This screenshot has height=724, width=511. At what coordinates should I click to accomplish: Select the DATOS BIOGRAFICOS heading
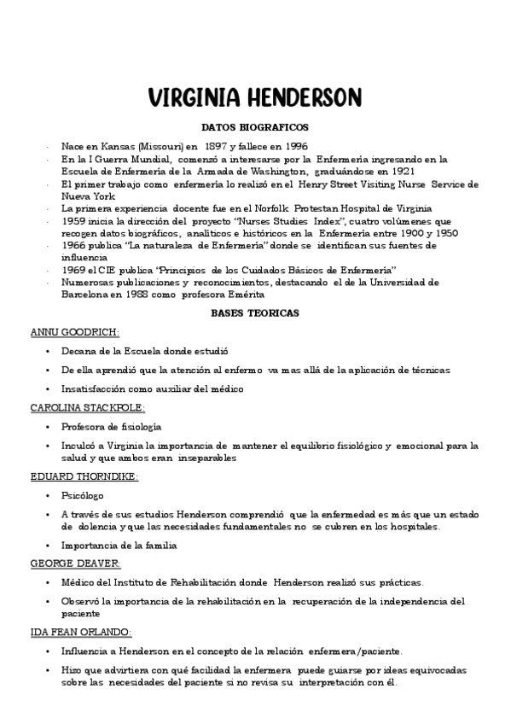(x=255, y=127)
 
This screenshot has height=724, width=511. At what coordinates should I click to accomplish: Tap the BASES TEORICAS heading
(x=255, y=313)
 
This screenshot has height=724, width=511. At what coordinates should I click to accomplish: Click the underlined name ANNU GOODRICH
(x=75, y=331)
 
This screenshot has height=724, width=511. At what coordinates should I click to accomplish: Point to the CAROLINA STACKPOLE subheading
(x=88, y=407)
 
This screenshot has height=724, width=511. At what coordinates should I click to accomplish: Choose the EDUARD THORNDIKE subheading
(x=84, y=476)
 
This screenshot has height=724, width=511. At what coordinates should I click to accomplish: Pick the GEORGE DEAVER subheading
(x=75, y=563)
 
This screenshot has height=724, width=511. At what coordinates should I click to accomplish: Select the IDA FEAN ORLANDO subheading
(x=81, y=631)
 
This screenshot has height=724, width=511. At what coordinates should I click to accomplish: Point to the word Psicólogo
(x=83, y=494)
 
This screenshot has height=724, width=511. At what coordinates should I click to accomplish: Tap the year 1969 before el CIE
(x=73, y=270)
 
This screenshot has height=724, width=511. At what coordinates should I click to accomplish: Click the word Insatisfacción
(x=96, y=389)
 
